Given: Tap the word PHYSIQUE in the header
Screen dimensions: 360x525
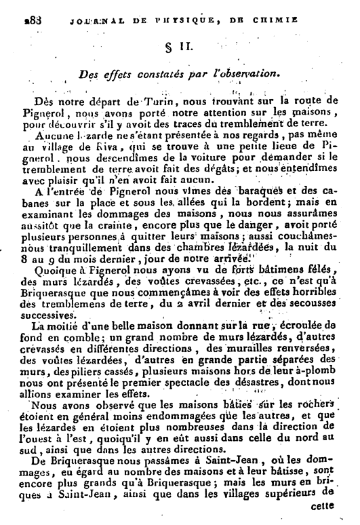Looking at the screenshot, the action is (x=193, y=21).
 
